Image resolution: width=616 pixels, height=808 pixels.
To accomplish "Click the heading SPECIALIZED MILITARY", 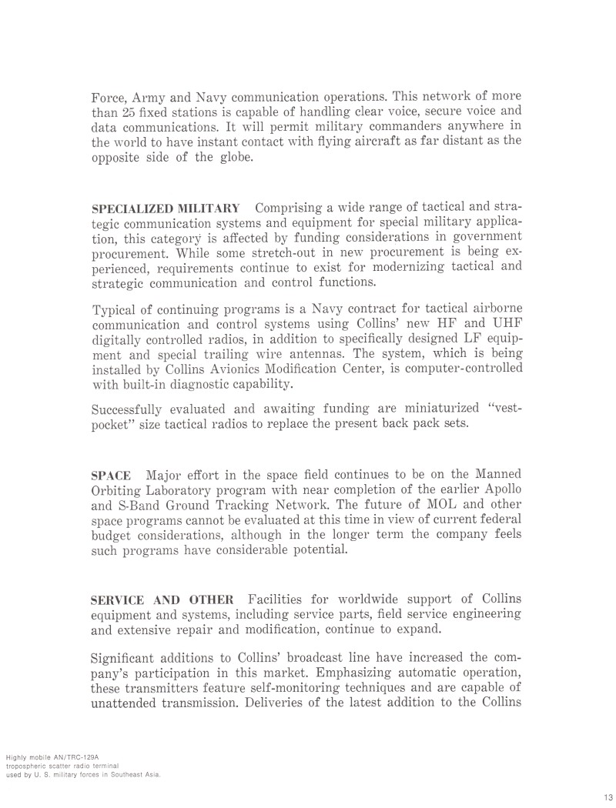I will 165,209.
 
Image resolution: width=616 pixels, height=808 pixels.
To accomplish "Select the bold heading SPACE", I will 111,476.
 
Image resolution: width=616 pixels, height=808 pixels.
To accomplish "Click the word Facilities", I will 282,599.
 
